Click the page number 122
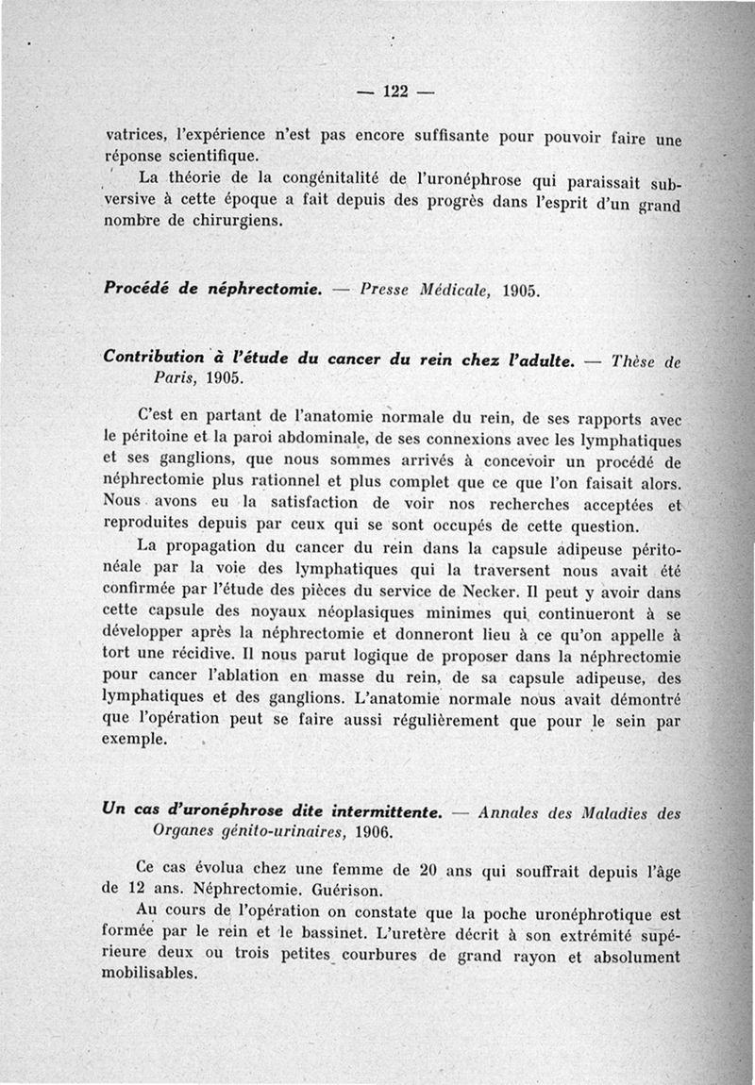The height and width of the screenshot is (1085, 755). pos(395,92)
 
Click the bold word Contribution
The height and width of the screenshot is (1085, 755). pos(154,358)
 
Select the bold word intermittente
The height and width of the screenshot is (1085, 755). pos(379,810)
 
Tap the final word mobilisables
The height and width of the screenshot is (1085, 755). pos(148,975)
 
